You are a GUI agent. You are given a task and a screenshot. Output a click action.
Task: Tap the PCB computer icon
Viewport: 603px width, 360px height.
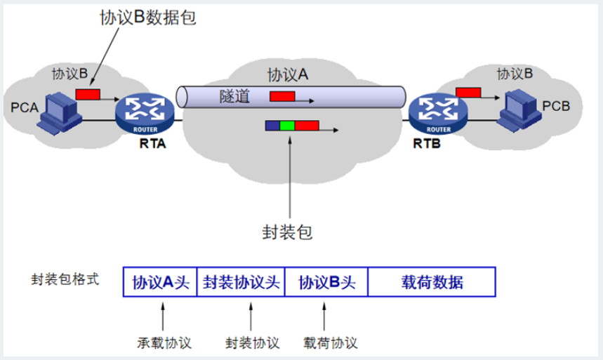518,109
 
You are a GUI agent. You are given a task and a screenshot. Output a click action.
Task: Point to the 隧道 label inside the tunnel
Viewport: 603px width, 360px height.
234,97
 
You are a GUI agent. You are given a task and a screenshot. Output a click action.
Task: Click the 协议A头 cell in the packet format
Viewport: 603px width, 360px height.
161,283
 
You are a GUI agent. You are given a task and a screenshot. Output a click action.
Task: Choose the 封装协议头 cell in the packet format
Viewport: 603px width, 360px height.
241,283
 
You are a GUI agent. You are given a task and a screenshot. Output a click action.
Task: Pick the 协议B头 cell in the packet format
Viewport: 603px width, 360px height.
327,283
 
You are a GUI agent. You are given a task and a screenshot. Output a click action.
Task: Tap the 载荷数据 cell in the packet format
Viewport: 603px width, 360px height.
432,283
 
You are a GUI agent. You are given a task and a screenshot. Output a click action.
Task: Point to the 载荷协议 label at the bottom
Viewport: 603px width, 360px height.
331,343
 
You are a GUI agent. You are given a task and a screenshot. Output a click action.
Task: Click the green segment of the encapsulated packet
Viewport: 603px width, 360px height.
287,126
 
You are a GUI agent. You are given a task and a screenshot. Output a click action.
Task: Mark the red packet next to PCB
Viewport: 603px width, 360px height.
468,91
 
